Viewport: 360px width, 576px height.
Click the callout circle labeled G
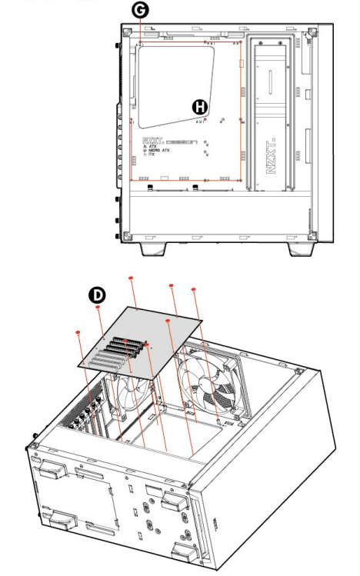pyautogui.click(x=140, y=12)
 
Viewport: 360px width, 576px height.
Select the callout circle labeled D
pyautogui.click(x=98, y=295)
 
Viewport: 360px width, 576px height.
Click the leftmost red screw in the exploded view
pyautogui.click(x=79, y=331)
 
